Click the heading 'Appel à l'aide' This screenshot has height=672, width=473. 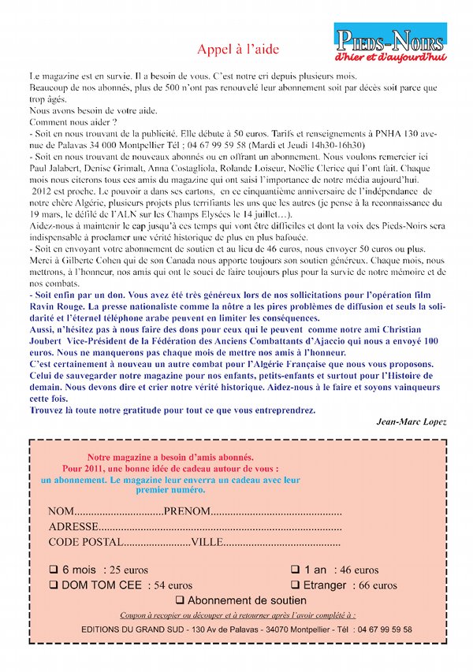[237, 49]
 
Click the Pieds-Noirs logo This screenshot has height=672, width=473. [390, 44]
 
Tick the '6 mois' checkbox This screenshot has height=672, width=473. [54, 569]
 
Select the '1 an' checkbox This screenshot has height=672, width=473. [295, 569]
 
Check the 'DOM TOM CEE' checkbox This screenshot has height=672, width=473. [54, 585]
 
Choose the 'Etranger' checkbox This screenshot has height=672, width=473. [295, 585]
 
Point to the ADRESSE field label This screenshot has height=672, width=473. [74, 527]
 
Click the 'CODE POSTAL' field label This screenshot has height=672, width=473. [85, 542]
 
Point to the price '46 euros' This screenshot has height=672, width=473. [356, 570]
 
